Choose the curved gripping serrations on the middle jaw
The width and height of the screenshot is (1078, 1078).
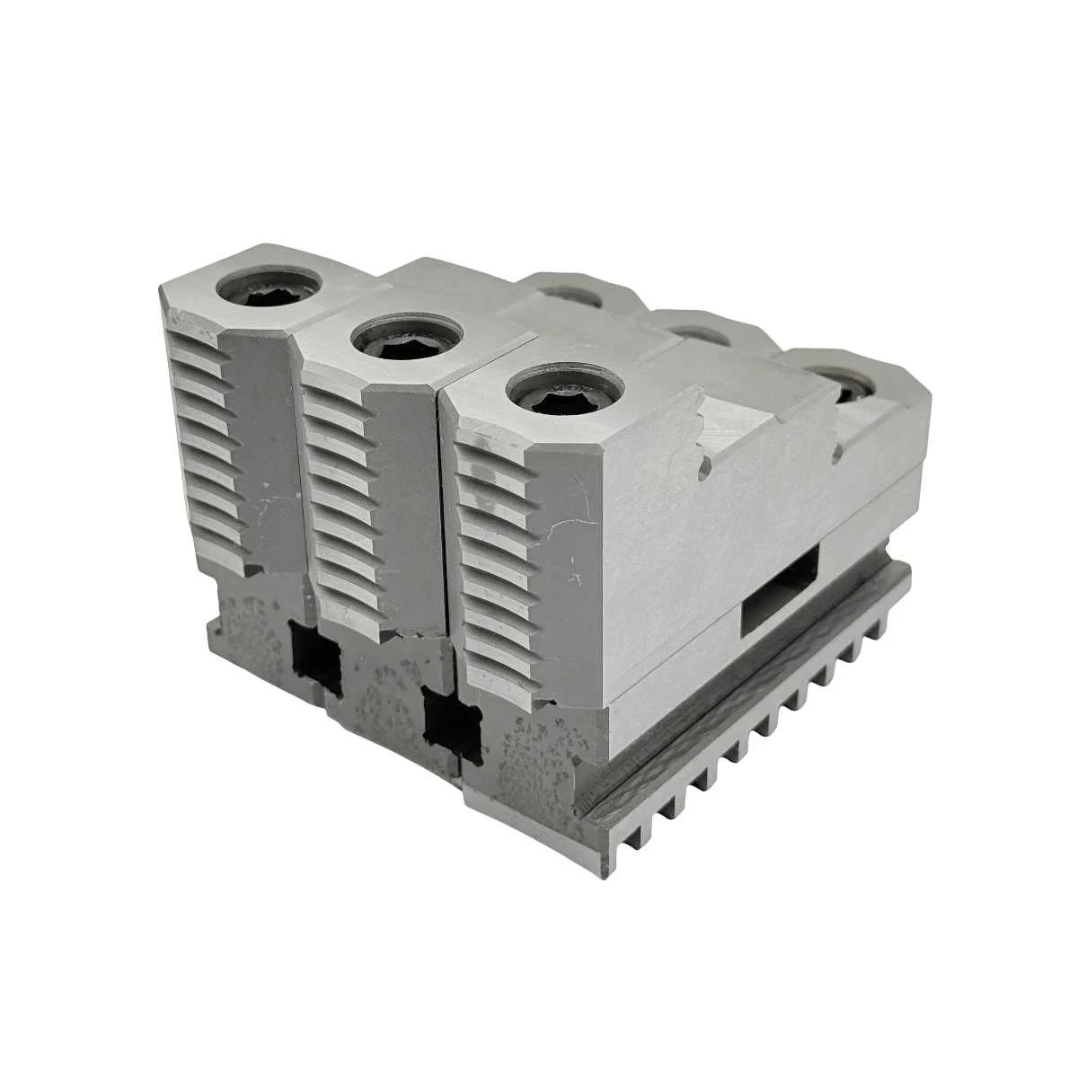point(337,503)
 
